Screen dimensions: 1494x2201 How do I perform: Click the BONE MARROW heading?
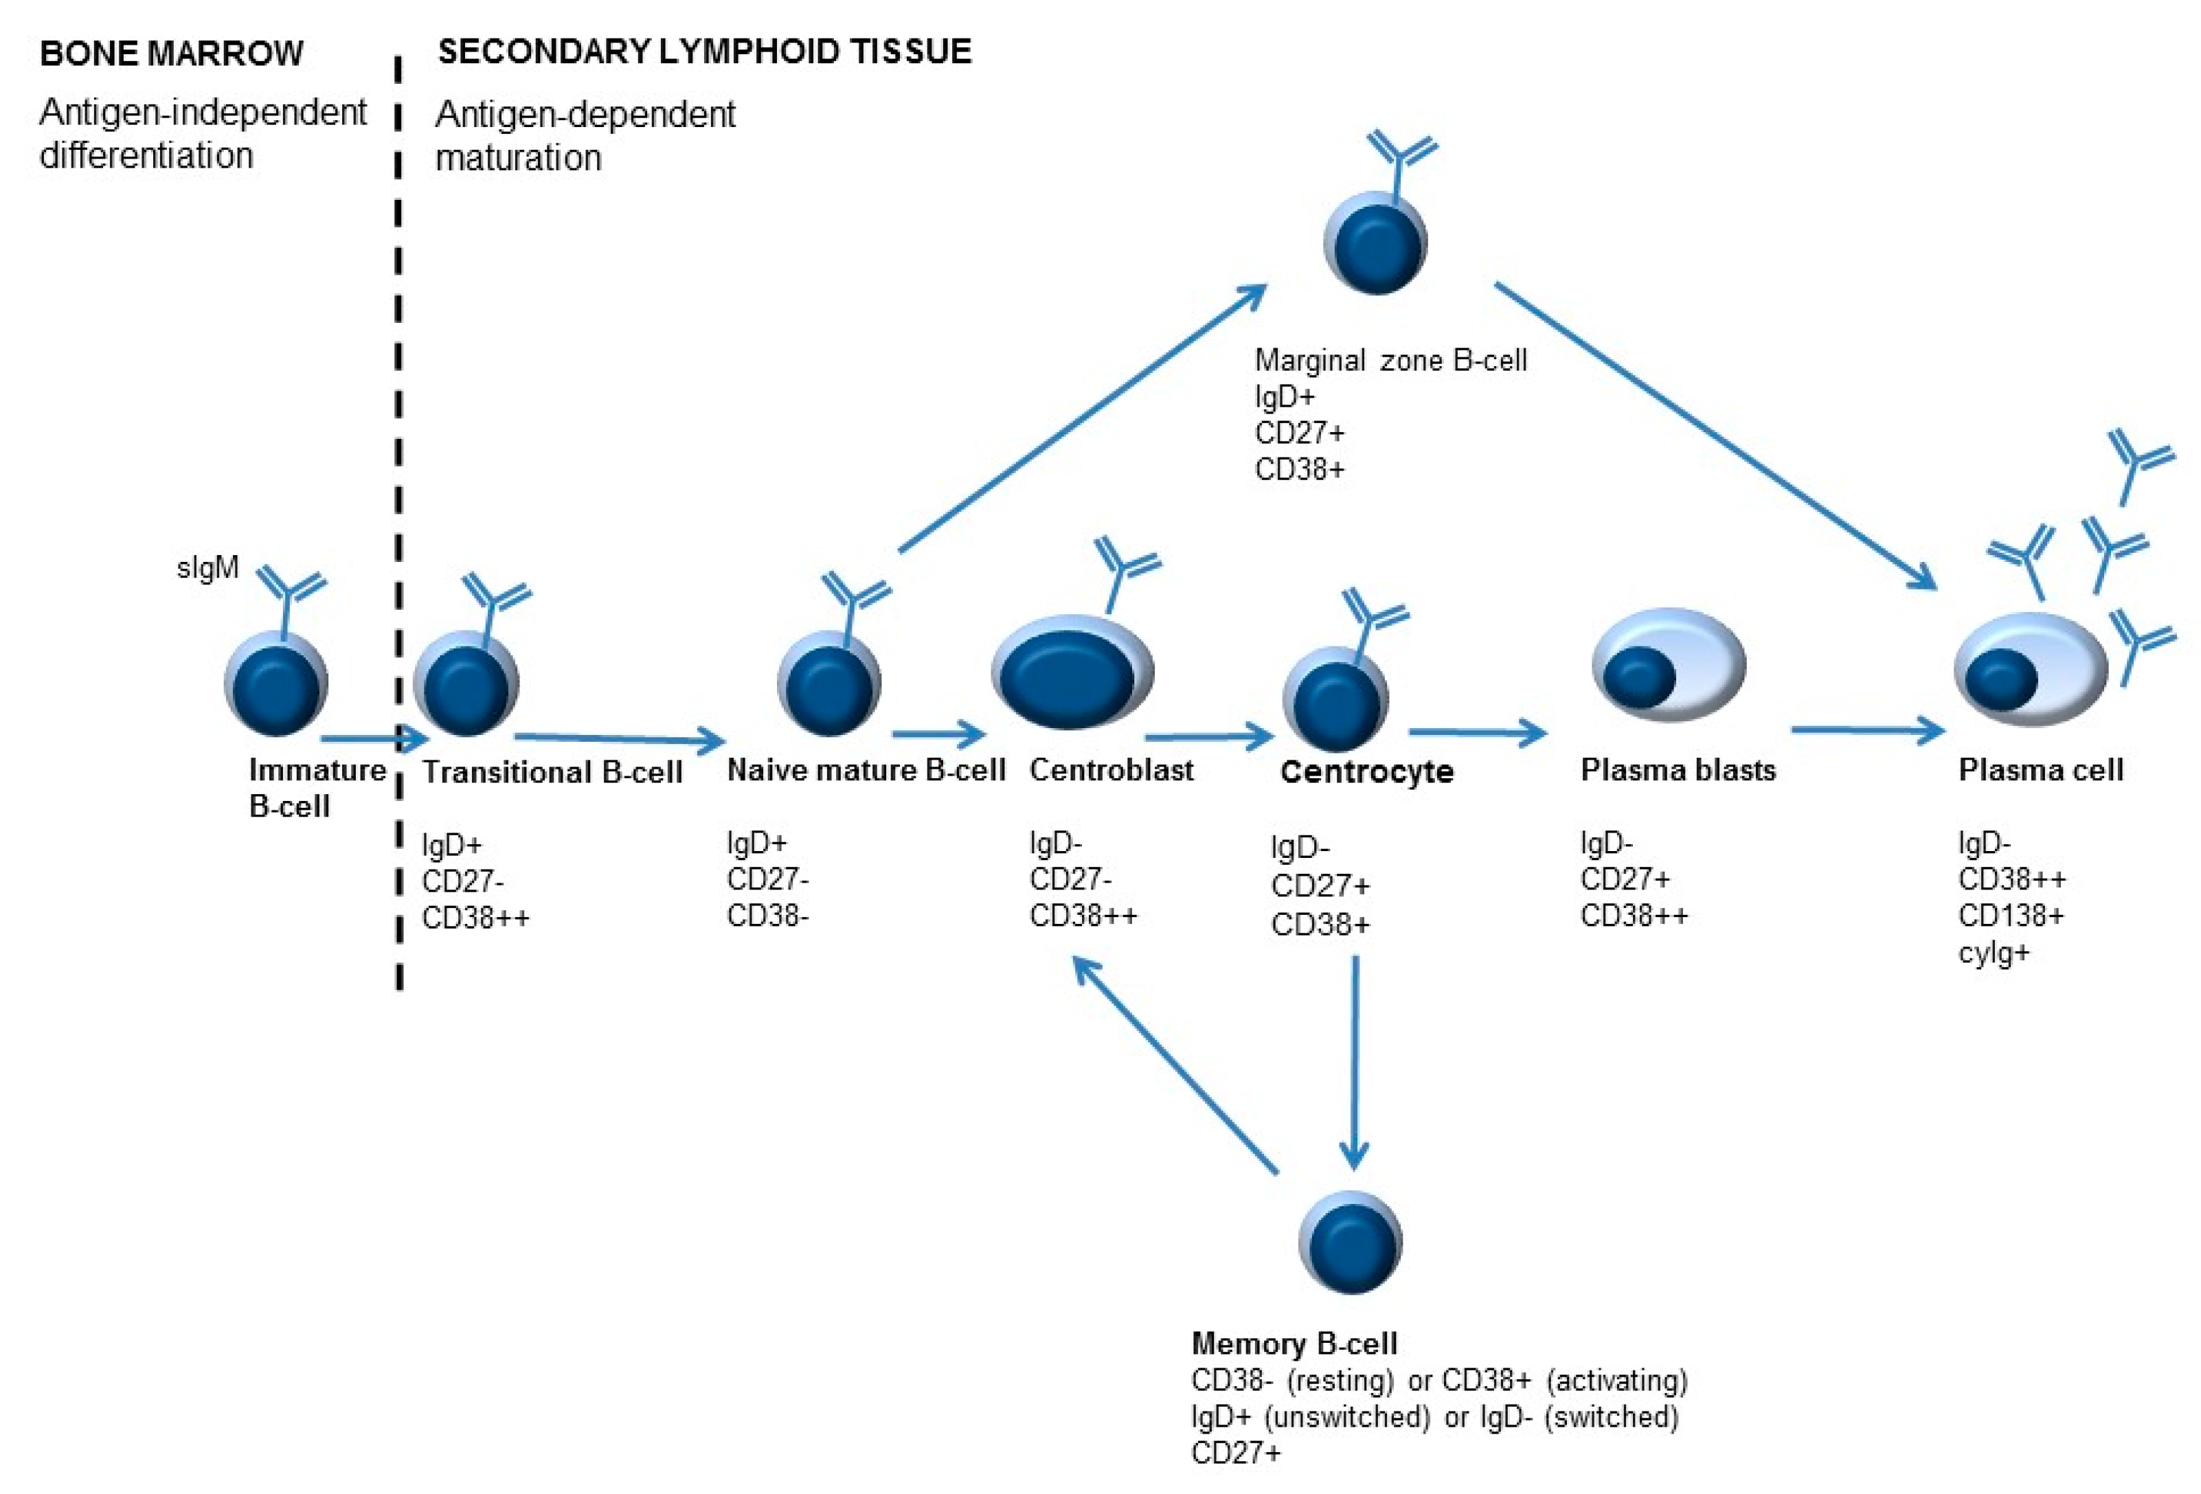coord(172,53)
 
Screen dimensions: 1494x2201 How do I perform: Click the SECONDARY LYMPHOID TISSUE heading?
coord(705,51)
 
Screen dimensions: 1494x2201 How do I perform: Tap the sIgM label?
coord(207,568)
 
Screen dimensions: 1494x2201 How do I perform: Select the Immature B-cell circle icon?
coord(275,685)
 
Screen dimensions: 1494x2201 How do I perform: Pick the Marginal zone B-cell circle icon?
coord(1375,243)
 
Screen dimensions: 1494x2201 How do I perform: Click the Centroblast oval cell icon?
coord(1072,673)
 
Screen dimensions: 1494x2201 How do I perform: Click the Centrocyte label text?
coord(1366,771)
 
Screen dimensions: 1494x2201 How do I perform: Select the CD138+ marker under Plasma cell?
coord(2011,916)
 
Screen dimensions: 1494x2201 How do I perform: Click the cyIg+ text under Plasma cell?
coord(1994,953)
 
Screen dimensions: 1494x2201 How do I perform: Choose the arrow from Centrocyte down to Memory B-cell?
coord(1354,1061)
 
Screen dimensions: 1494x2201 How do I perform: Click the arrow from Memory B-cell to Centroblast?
coord(1175,1065)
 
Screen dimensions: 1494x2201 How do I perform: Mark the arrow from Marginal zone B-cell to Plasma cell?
coord(1714,435)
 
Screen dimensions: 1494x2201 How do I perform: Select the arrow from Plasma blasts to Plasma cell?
coord(1866,730)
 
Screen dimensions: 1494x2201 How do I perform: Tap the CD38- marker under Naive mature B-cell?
coord(767,916)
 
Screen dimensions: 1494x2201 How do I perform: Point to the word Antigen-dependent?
coord(585,115)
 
